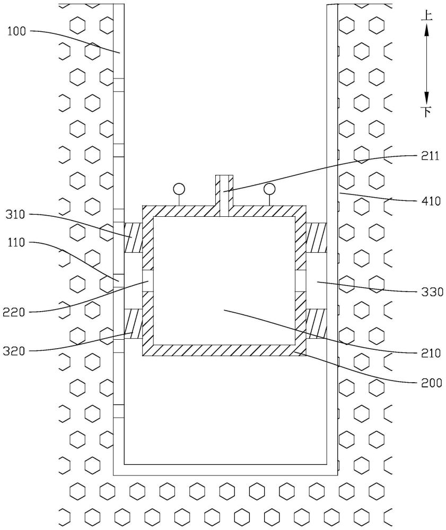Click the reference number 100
pos(16,31)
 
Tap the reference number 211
pos(430,156)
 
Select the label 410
pos(431,201)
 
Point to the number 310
pos(15,214)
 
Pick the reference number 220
pos(14,312)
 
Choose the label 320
pos(14,351)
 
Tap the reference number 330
pos(432,291)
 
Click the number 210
pos(431,353)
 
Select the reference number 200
pos(432,383)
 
